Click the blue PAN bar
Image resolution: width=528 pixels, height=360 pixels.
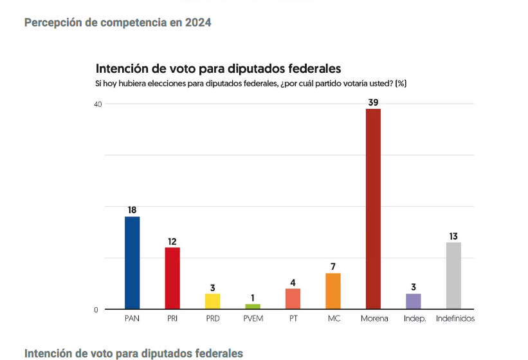pyautogui.click(x=132, y=263)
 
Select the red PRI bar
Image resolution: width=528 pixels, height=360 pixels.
pyautogui.click(x=172, y=278)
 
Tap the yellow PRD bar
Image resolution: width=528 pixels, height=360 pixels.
pyautogui.click(x=212, y=301)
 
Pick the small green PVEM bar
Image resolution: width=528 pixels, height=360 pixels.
pyautogui.click(x=253, y=307)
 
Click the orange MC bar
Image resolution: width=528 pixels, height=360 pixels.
pyautogui.click(x=333, y=291)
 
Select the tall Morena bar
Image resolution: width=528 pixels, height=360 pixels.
pyautogui.click(x=373, y=209)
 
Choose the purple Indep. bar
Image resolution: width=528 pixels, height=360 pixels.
pyautogui.click(x=414, y=301)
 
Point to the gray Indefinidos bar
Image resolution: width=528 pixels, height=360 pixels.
pyautogui.click(x=453, y=276)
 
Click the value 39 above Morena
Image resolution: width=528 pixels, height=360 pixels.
pyautogui.click(x=373, y=102)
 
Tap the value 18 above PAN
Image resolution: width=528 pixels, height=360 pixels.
pyautogui.click(x=132, y=210)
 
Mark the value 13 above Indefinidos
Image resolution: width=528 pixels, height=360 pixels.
pyautogui.click(x=453, y=236)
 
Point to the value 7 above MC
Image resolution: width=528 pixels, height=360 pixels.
pyautogui.click(x=333, y=266)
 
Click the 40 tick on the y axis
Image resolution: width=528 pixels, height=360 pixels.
pyautogui.click(x=97, y=104)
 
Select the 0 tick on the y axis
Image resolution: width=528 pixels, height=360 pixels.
pyautogui.click(x=96, y=310)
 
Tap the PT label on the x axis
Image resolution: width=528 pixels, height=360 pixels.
pyautogui.click(x=293, y=319)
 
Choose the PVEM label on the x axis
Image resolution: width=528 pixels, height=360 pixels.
pyautogui.click(x=253, y=319)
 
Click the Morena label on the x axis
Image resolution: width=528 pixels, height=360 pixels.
pyautogui.click(x=374, y=319)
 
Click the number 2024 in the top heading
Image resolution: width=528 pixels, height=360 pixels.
pyautogui.click(x=199, y=23)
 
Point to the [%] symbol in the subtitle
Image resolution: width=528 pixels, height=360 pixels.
pyautogui.click(x=401, y=83)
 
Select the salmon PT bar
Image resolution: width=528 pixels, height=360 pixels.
pyautogui.click(x=293, y=299)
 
